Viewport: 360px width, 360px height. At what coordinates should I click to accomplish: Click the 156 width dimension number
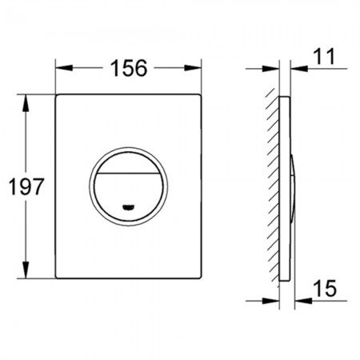pyautogui.click(x=129, y=68)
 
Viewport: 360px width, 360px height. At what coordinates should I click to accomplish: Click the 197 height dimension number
pyautogui.click(x=26, y=186)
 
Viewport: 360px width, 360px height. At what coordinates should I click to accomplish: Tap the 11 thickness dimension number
pyautogui.click(x=324, y=57)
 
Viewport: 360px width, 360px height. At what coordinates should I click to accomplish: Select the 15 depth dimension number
pyautogui.click(x=325, y=288)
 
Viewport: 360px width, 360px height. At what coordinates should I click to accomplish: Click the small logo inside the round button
pyautogui.click(x=128, y=207)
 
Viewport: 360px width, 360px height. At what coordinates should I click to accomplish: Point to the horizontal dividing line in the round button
pyautogui.click(x=128, y=173)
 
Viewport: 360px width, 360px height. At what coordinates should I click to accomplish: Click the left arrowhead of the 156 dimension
pyautogui.click(x=64, y=68)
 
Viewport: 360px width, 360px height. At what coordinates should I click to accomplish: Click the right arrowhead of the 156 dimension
pyautogui.click(x=193, y=68)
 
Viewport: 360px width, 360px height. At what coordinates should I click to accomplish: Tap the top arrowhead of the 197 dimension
pyautogui.click(x=26, y=103)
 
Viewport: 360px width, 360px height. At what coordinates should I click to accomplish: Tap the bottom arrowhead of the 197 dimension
pyautogui.click(x=26, y=270)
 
